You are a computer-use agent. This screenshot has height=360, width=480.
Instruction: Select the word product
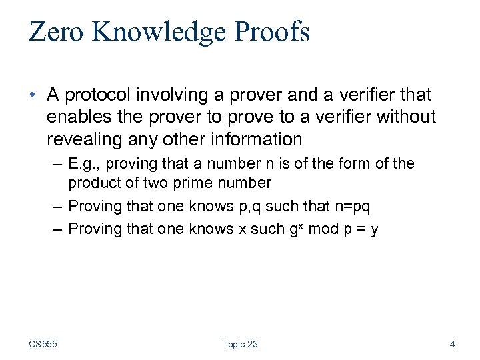click(93, 183)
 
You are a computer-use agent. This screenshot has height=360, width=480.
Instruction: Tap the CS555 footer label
click(43, 345)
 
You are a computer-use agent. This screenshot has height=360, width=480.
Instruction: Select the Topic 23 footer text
click(240, 345)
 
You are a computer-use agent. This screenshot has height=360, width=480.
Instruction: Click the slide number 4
click(453, 345)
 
